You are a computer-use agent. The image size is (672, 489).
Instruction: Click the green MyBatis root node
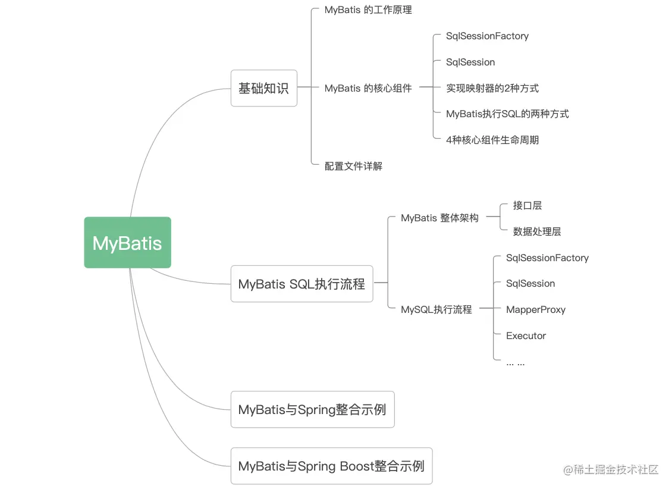point(127,243)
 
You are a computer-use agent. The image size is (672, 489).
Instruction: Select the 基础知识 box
point(263,89)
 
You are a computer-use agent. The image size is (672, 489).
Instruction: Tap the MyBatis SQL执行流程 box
point(302,284)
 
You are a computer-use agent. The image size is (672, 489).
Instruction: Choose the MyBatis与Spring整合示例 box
point(312,409)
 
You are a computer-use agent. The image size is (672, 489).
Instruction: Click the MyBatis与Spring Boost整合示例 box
point(331,466)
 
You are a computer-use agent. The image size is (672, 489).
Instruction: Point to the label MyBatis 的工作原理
point(368,10)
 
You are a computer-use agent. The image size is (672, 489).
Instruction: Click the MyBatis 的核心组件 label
point(368,88)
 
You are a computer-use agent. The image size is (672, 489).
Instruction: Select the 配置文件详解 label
point(353,166)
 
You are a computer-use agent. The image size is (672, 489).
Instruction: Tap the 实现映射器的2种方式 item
point(492,88)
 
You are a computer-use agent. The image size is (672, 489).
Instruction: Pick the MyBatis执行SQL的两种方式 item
point(507,114)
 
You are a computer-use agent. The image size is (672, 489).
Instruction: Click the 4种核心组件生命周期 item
point(492,140)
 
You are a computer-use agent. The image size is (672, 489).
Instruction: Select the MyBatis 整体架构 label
point(439,218)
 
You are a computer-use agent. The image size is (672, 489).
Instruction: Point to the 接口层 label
point(527,205)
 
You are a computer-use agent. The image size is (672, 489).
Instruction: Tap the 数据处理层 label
point(537,231)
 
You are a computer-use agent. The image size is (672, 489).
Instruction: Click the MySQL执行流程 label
point(437,309)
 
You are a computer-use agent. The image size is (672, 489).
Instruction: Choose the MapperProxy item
point(535,309)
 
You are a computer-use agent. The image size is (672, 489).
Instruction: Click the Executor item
point(526,336)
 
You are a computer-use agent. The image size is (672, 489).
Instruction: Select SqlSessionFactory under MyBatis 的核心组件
point(487,36)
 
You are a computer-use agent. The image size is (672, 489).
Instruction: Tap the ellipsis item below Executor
point(515,362)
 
